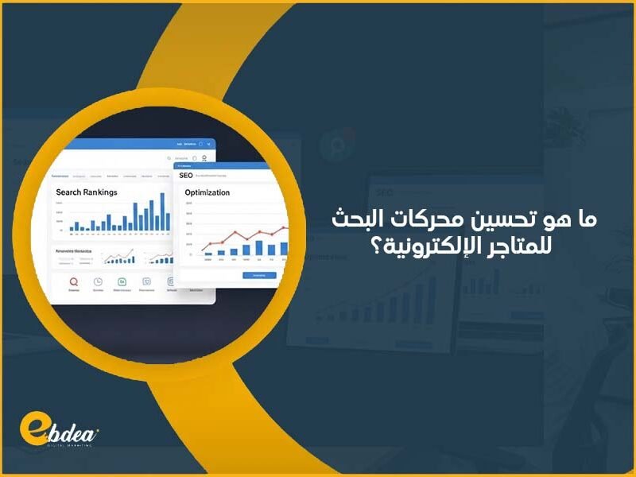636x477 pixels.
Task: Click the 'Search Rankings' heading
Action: click(87, 192)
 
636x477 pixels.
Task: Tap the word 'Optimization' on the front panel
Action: click(207, 192)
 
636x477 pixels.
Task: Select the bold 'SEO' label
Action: click(186, 174)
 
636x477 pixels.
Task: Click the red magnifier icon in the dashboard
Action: click(74, 281)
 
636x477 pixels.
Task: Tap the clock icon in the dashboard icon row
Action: click(98, 281)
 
